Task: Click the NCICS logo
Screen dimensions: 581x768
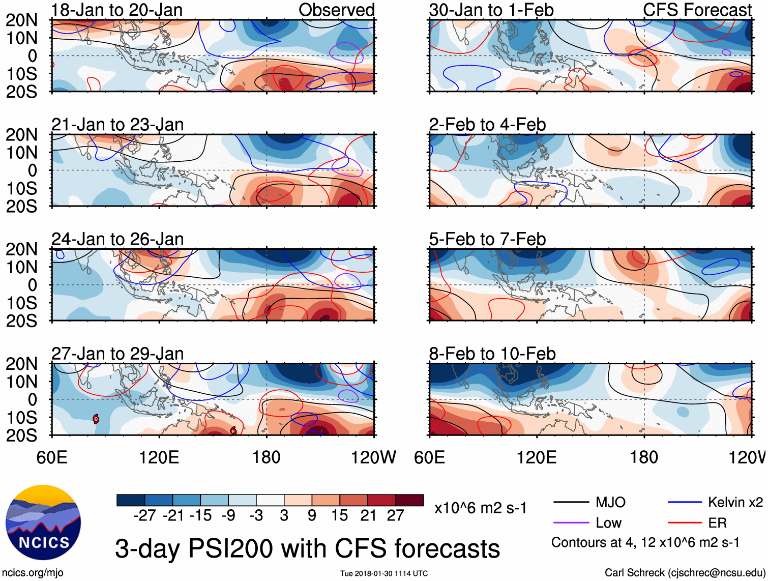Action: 43,522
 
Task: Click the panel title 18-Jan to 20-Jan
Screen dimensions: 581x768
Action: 116,10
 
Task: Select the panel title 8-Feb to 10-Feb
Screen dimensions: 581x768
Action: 492,354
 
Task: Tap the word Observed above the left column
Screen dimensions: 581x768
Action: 336,10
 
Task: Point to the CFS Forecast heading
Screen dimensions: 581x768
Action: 697,10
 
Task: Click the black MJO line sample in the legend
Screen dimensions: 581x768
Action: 571,503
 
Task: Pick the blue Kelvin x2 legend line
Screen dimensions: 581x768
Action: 685,503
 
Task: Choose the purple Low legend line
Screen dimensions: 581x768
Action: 571,523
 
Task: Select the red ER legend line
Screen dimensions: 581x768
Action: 685,523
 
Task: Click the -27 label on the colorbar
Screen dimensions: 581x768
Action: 144,516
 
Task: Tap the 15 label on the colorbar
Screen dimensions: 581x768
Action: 339,516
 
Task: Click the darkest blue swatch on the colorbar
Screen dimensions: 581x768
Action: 131,500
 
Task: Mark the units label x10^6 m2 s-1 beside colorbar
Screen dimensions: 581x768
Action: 480,508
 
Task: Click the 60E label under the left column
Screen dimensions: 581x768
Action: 52,457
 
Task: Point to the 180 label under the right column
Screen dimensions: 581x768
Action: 644,457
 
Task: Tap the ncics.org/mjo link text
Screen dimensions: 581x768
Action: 33,573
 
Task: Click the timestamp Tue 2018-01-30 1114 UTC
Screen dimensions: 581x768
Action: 384,573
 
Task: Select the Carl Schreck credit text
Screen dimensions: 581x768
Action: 684,573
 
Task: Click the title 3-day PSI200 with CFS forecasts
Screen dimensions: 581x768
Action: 307,549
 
